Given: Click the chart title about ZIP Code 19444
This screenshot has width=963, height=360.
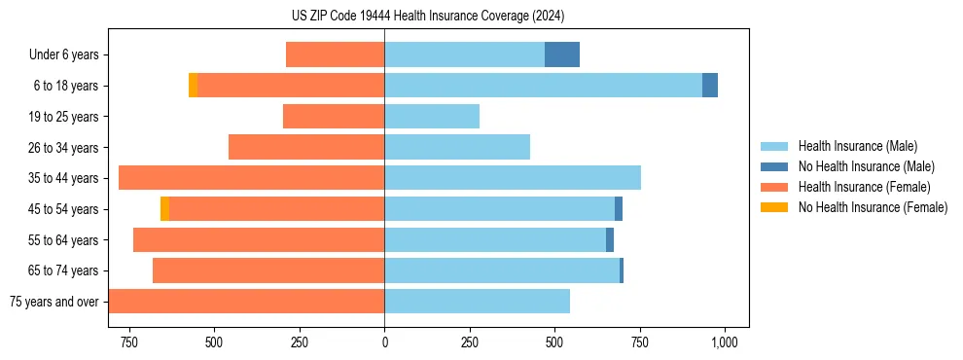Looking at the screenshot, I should pos(429,16).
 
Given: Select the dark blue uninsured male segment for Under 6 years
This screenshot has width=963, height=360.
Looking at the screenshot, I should pos(562,54).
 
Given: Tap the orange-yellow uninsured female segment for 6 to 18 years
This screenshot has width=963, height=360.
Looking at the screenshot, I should pos(193,86).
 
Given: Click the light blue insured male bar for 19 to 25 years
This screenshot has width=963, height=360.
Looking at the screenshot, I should pos(432,117).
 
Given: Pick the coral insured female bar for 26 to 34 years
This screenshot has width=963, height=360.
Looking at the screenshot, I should pos(306,147).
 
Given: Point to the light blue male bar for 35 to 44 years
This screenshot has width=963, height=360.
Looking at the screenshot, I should pos(513,178).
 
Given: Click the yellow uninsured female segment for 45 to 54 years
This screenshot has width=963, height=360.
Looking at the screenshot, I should pos(164,209).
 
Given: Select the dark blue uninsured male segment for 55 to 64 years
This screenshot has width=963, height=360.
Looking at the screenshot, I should pos(610,240).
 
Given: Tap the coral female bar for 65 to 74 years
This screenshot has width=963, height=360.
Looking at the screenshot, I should pos(268,270).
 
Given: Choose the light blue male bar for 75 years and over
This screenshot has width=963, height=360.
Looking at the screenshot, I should pos(477,302).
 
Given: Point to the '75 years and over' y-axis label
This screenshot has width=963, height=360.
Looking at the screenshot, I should pos(53,303).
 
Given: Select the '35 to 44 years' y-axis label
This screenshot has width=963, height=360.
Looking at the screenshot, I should pos(63,179).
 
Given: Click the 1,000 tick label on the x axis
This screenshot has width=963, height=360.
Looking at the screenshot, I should pos(725,342).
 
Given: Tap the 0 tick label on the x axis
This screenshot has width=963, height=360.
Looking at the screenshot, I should pos(384,342).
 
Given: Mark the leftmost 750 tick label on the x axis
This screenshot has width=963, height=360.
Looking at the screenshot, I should pos(128,342).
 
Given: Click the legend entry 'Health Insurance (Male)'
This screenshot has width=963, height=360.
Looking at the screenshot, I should pos(857,146).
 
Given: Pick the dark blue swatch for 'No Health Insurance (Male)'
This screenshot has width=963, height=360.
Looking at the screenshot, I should pos(775,166).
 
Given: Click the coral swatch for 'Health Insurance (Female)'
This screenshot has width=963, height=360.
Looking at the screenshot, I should pos(775,187).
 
